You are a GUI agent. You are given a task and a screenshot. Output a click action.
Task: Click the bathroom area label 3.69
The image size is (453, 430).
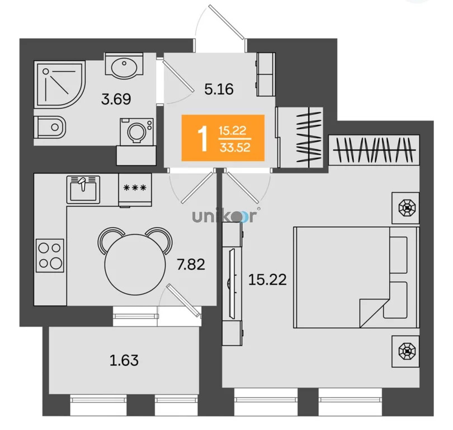click(116, 99)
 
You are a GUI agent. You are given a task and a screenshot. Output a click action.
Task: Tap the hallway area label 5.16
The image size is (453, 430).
click(219, 89)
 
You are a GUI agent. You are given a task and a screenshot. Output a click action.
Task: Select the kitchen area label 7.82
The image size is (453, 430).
click(191, 264)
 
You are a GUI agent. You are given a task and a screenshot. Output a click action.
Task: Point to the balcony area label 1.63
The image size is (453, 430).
click(124, 361)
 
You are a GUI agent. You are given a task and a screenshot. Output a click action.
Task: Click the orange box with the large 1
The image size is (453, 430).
click(223, 138)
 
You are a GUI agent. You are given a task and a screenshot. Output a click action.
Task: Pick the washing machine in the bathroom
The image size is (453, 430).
click(137, 131)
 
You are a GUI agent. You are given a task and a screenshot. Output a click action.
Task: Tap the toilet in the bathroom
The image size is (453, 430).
click(50, 127)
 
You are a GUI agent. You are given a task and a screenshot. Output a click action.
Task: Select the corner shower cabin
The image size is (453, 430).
click(60, 84)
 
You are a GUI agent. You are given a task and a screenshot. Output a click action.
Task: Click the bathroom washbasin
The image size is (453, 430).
click(124, 65)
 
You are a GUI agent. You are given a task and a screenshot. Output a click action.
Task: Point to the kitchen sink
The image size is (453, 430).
click(83, 189)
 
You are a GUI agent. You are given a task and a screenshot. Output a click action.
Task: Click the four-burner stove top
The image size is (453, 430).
click(50, 256)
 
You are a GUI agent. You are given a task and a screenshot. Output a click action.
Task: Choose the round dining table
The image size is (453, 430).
click(135, 264)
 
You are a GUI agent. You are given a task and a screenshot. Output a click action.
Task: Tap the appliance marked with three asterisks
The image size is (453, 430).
click(135, 190)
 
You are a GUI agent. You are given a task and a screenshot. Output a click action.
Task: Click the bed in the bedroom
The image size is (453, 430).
click(356, 277)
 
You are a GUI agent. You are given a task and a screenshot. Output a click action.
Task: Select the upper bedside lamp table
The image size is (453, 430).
click(405, 208)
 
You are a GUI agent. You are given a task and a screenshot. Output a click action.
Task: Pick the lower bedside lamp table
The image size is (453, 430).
click(405, 351)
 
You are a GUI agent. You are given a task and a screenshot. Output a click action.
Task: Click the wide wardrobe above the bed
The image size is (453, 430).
click(374, 150)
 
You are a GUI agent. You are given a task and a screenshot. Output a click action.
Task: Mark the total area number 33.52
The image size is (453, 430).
click(235, 147)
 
